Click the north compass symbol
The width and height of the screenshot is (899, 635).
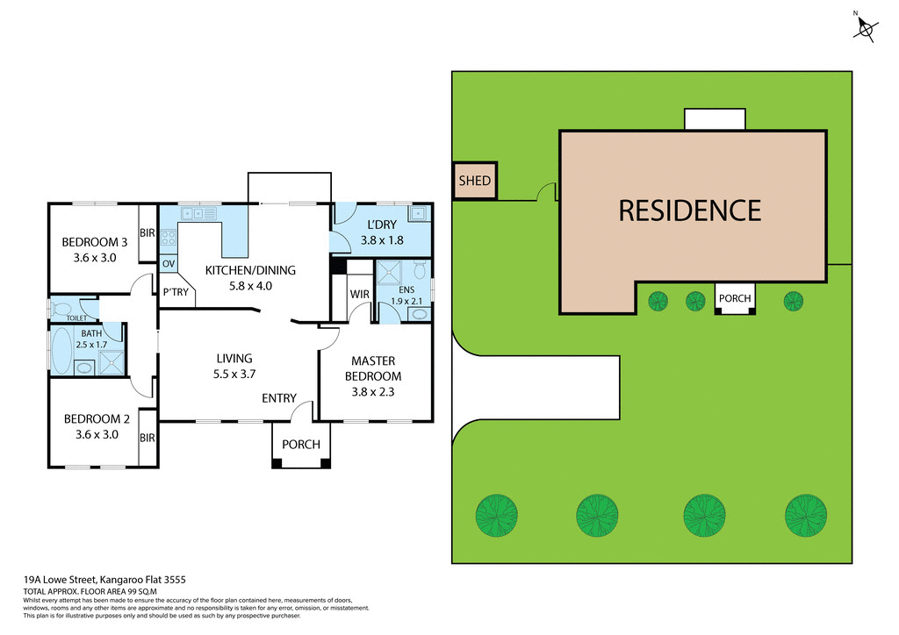(x=866, y=29)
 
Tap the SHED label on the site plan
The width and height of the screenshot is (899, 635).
(x=475, y=182)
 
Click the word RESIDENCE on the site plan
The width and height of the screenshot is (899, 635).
(x=689, y=210)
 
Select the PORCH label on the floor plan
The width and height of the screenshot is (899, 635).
(x=301, y=445)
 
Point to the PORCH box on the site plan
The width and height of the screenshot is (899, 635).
(x=735, y=298)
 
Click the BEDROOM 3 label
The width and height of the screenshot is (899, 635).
(x=95, y=242)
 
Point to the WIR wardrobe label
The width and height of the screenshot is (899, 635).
(x=358, y=294)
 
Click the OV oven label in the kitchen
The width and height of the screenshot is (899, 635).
(x=169, y=263)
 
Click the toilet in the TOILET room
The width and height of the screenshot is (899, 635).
(x=63, y=308)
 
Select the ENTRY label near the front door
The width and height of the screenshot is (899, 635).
(x=279, y=398)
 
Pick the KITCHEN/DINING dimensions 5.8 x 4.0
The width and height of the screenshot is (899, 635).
(x=250, y=286)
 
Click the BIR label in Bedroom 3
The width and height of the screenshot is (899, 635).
(x=147, y=232)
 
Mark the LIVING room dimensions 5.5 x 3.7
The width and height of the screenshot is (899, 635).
(x=234, y=374)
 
